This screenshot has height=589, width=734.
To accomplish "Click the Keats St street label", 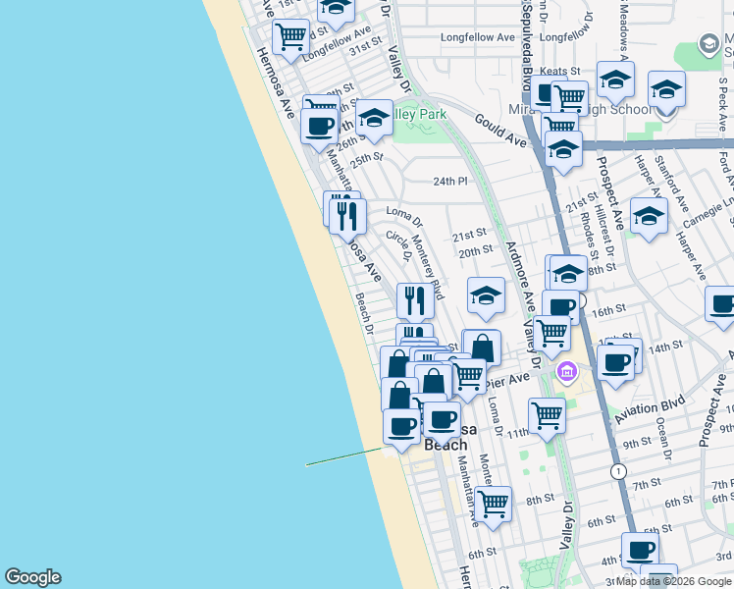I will pyautogui.click(x=560, y=71).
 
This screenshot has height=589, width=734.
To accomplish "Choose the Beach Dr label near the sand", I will pyautogui.click(x=364, y=312).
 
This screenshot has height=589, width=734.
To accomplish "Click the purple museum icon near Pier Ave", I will pyautogui.click(x=566, y=372).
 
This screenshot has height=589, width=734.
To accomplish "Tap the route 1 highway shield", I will pyautogui.click(x=618, y=472).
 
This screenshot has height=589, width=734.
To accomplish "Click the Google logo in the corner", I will pyautogui.click(x=32, y=577).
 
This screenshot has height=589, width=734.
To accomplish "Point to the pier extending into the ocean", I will pyautogui.click(x=343, y=457).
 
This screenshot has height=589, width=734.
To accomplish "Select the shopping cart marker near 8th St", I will pyautogui.click(x=494, y=503).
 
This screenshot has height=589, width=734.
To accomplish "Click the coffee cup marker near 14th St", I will pyautogui.click(x=616, y=360).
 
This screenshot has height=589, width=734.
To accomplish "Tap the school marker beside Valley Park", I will pyautogui.click(x=374, y=120).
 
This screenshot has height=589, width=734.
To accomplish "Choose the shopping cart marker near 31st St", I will pyautogui.click(x=291, y=36).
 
